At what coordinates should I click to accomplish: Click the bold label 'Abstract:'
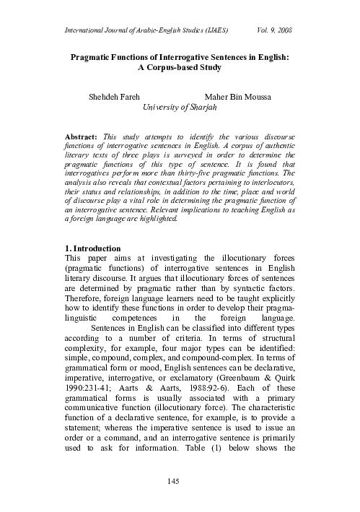82,136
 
